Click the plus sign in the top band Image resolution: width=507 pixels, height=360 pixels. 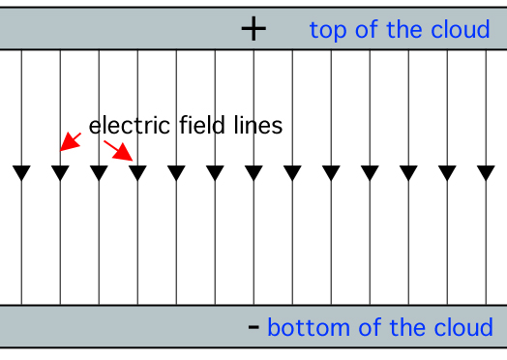click(x=253, y=29)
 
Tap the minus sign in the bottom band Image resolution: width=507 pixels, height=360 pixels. click(x=253, y=327)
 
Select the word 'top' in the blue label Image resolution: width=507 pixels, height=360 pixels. click(x=327, y=31)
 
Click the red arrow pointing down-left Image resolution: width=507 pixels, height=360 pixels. click(x=70, y=142)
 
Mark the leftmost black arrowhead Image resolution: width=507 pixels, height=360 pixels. click(x=21, y=173)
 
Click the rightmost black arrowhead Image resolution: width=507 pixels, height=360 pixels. click(x=486, y=173)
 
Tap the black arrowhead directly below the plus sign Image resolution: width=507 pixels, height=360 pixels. click(x=253, y=173)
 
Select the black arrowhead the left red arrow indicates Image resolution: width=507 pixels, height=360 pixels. click(x=60, y=173)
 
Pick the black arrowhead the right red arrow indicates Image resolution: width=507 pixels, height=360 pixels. click(x=137, y=173)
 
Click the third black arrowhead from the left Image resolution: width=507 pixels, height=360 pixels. click(x=99, y=173)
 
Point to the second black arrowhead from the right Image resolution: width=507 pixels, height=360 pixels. click(x=447, y=173)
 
